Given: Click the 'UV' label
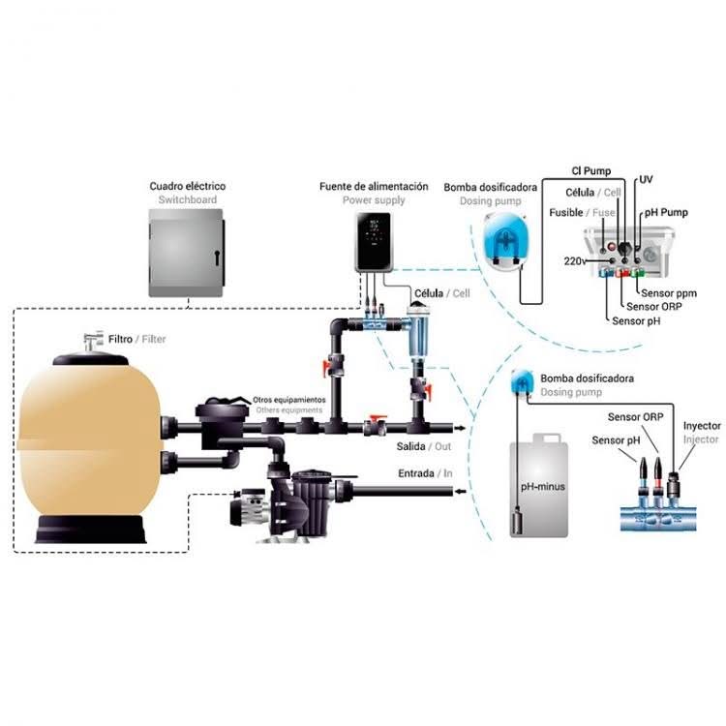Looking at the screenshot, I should (x=646, y=181).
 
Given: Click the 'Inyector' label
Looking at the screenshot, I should (x=702, y=425).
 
